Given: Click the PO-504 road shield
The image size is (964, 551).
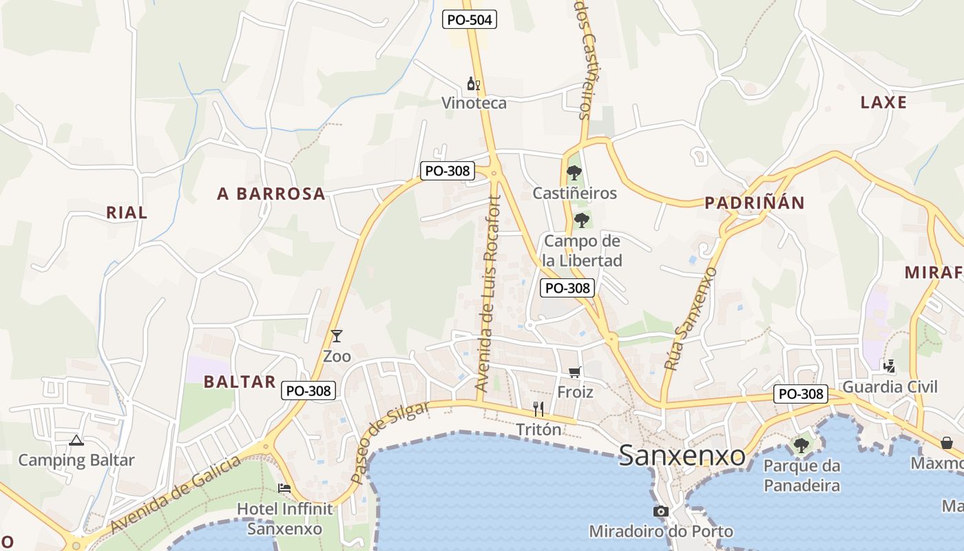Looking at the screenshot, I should [469, 19].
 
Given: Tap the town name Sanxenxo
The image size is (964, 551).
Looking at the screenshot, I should [682, 455].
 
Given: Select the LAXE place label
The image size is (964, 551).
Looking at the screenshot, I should [883, 103].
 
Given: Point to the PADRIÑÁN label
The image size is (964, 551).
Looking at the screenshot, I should [754, 202].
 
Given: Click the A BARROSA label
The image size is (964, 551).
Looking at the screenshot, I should [271, 194].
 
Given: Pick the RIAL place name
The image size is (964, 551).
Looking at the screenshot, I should [127, 212].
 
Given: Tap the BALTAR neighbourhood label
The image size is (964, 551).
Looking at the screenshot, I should [240, 382].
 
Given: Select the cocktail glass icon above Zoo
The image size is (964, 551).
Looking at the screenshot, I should [337, 336].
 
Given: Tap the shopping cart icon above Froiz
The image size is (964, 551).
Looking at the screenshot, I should [575, 372].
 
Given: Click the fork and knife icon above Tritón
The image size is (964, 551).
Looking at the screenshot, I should [538, 409].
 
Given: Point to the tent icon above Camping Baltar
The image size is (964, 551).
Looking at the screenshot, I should [76, 439].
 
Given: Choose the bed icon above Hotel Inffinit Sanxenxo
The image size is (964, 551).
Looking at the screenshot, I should [284, 488].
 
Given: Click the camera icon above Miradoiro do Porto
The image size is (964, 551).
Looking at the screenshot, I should [660, 511].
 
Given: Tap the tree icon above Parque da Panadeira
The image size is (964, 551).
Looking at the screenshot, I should [801, 445].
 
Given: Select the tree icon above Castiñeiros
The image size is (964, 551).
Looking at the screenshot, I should [574, 172].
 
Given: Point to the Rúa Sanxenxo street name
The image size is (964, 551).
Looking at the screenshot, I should [690, 319].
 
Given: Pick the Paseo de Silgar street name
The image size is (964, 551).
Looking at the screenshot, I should [388, 442].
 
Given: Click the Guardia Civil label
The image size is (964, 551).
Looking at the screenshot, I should [890, 386].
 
